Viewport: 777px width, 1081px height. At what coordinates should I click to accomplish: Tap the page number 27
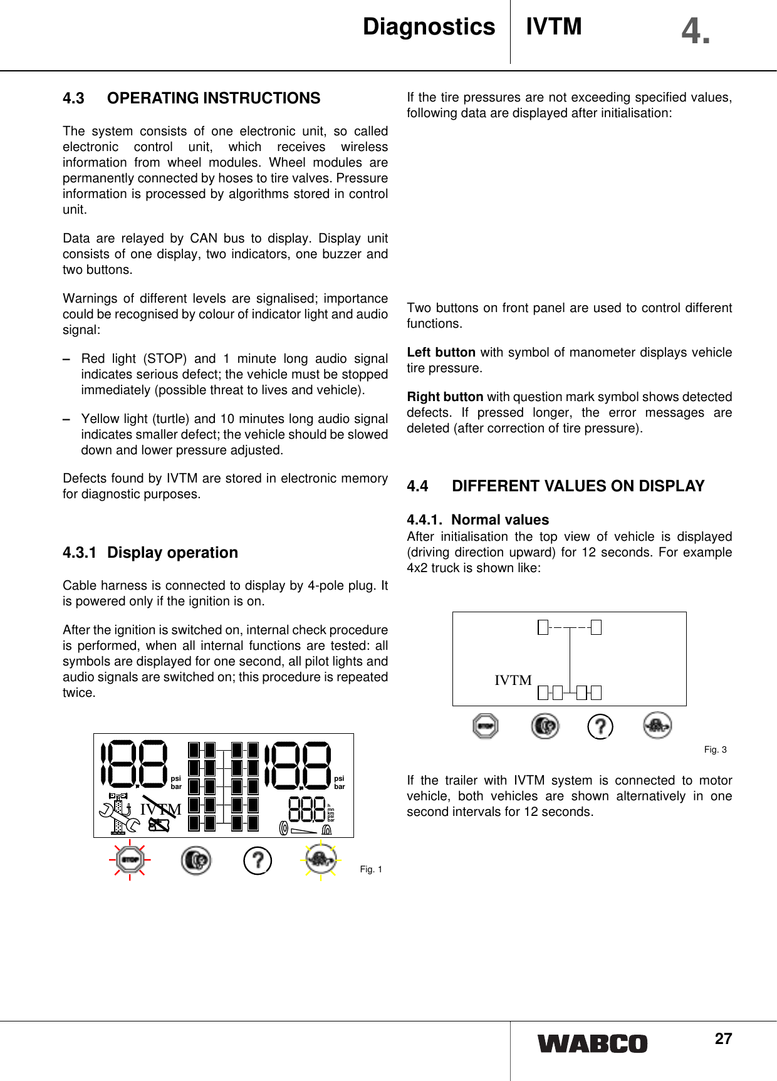(723, 1039)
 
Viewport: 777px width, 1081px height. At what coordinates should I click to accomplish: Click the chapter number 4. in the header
(696, 31)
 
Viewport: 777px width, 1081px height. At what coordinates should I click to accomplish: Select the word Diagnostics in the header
(429, 27)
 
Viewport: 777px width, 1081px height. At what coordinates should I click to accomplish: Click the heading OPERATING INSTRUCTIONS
(213, 98)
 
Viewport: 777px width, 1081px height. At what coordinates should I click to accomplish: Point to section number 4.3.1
(80, 553)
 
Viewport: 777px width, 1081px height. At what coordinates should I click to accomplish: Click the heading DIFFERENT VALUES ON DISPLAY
(578, 486)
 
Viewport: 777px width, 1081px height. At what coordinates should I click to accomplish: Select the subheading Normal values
(499, 520)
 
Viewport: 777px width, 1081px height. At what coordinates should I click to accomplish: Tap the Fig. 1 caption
(371, 869)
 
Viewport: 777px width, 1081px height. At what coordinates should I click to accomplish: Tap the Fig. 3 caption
(715, 749)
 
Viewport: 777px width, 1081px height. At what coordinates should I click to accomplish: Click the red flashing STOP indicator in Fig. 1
(130, 860)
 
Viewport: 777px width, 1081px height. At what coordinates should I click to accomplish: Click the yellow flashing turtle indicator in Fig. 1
(321, 860)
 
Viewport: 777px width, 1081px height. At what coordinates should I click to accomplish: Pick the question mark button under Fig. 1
(258, 860)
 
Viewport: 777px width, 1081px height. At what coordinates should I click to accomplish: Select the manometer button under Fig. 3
(545, 726)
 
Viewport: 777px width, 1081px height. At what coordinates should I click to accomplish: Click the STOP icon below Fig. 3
(486, 726)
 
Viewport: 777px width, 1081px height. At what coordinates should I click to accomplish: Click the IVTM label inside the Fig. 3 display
(513, 681)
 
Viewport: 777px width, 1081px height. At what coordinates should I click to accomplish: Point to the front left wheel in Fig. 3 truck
(543, 627)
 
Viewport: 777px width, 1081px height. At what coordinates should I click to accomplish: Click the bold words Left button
(441, 352)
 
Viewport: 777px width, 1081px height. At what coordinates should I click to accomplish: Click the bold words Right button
(445, 397)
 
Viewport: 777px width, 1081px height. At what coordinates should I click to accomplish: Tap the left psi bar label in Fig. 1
(176, 782)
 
